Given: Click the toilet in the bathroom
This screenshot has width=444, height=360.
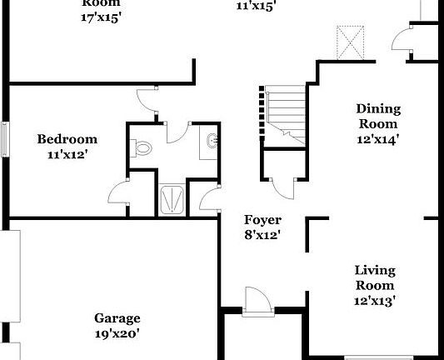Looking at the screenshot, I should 142,148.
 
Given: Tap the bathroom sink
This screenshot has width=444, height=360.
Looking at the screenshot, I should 211,144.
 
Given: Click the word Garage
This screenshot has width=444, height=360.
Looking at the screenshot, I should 117,318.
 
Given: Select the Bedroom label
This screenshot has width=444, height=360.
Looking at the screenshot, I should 67,139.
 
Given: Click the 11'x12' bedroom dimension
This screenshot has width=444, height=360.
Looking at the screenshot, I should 67,153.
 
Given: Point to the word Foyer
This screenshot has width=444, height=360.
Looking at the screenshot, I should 262,220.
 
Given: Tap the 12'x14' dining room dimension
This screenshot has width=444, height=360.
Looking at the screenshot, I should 378,139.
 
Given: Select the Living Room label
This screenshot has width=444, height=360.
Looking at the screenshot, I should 375,277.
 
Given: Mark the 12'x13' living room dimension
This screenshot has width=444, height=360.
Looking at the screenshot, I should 375,300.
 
